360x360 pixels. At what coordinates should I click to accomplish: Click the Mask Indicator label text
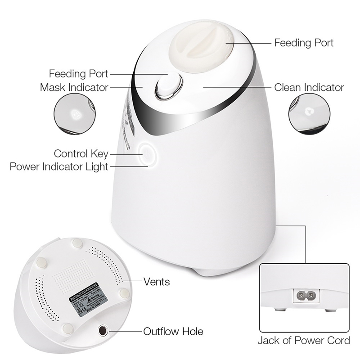point(74,87)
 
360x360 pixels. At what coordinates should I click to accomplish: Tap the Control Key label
point(81,154)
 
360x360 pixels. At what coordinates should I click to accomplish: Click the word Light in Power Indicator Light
point(97,167)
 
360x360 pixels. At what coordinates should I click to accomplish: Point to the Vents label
point(157,282)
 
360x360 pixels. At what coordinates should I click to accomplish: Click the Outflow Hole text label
point(173,332)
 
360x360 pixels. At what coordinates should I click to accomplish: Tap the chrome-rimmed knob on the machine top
point(169,86)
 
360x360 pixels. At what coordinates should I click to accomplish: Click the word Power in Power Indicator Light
point(26,167)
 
